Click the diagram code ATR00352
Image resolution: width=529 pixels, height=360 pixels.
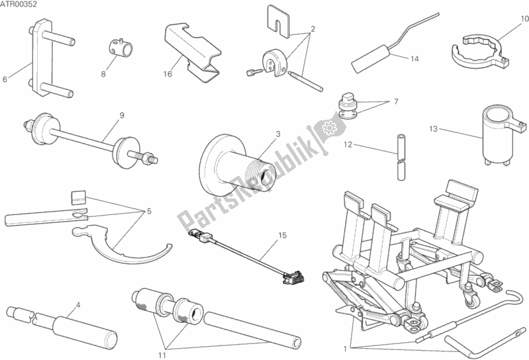coord(19,5)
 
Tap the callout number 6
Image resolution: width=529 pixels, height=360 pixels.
coord(5,79)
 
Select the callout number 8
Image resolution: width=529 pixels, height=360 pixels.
coord(103,74)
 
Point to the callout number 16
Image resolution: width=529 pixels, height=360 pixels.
coord(168,74)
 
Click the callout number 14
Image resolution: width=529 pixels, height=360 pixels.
coord(414,59)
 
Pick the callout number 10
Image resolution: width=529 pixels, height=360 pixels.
coord(524,19)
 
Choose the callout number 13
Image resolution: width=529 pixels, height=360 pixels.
coord(434,129)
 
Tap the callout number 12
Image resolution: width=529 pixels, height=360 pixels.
coord(348,145)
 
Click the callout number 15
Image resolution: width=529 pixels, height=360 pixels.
coord(283,236)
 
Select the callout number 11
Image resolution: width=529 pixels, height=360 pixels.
coord(162,355)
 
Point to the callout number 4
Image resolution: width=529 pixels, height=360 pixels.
coord(78,305)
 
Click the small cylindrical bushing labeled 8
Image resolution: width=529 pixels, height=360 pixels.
coord(120,48)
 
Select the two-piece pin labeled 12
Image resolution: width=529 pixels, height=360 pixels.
coord(401,157)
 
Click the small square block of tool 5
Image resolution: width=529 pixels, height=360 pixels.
coord(78,197)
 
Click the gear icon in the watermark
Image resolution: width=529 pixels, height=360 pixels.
coord(328,128)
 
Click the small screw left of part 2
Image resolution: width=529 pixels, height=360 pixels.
coord(254,71)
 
